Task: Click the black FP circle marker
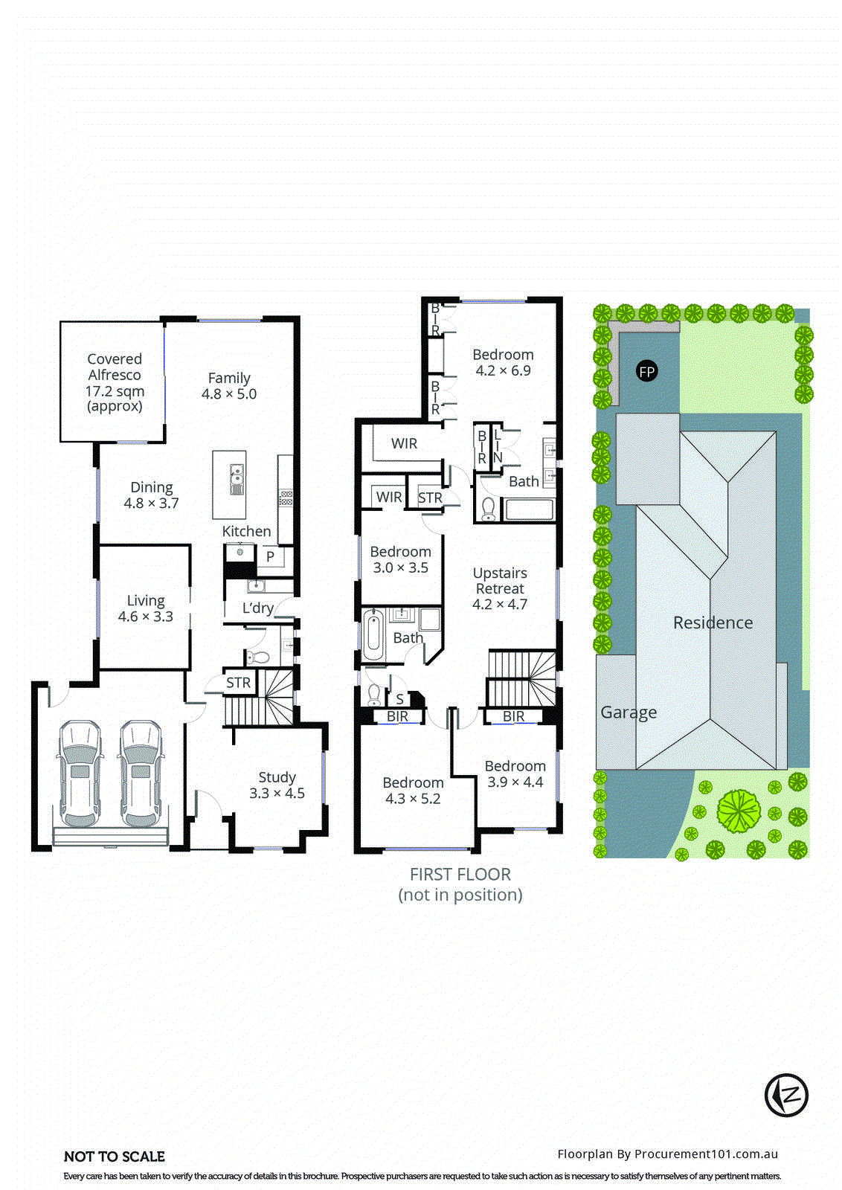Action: (x=647, y=371)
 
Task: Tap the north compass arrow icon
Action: (x=786, y=1095)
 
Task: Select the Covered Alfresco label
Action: (x=115, y=382)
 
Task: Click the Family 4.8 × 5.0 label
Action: (x=229, y=386)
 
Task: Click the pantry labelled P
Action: (x=270, y=556)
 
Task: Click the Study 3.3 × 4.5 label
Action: (x=277, y=785)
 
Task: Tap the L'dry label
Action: (x=258, y=608)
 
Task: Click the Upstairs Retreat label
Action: (x=500, y=588)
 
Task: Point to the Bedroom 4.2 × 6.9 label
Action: (x=503, y=362)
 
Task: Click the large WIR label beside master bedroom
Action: (x=404, y=443)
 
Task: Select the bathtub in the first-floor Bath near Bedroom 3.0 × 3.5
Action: (x=373, y=635)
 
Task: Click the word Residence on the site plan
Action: (x=713, y=623)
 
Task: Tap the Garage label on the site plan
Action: (x=629, y=712)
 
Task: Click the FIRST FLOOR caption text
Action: (x=460, y=875)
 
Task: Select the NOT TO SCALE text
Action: (x=115, y=1157)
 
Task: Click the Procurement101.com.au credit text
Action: (x=667, y=1154)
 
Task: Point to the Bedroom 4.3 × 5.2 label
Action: (x=413, y=791)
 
